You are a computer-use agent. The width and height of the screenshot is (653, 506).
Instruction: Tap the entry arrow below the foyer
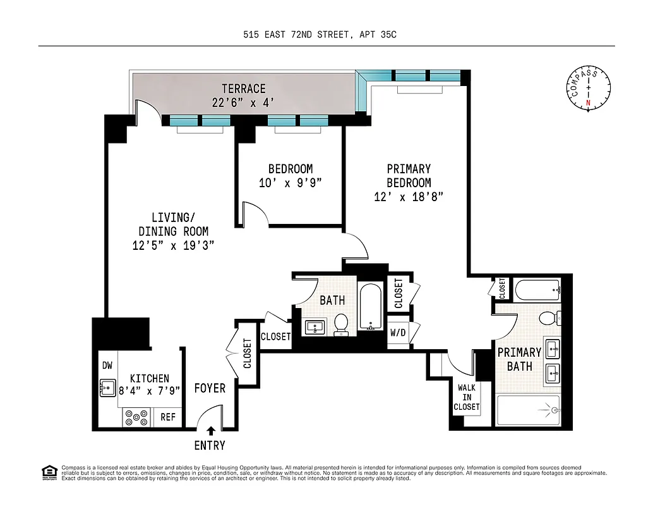210,431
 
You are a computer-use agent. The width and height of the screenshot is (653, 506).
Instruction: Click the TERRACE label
243,89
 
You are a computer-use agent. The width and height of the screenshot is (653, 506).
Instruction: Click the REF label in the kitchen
168,417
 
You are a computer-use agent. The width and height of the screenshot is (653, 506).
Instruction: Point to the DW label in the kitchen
107,366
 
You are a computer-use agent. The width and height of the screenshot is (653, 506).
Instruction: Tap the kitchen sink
107,387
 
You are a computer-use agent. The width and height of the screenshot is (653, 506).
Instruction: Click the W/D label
398,333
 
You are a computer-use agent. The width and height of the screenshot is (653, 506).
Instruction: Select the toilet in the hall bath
341,323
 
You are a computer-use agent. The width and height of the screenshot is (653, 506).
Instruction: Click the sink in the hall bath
315,327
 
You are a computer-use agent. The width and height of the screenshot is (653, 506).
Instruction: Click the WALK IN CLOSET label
467,397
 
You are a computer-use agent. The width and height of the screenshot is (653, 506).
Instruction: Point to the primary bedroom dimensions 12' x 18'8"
409,197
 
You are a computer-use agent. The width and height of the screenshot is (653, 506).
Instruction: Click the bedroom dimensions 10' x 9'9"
291,183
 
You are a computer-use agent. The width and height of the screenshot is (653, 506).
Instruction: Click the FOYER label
210,388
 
